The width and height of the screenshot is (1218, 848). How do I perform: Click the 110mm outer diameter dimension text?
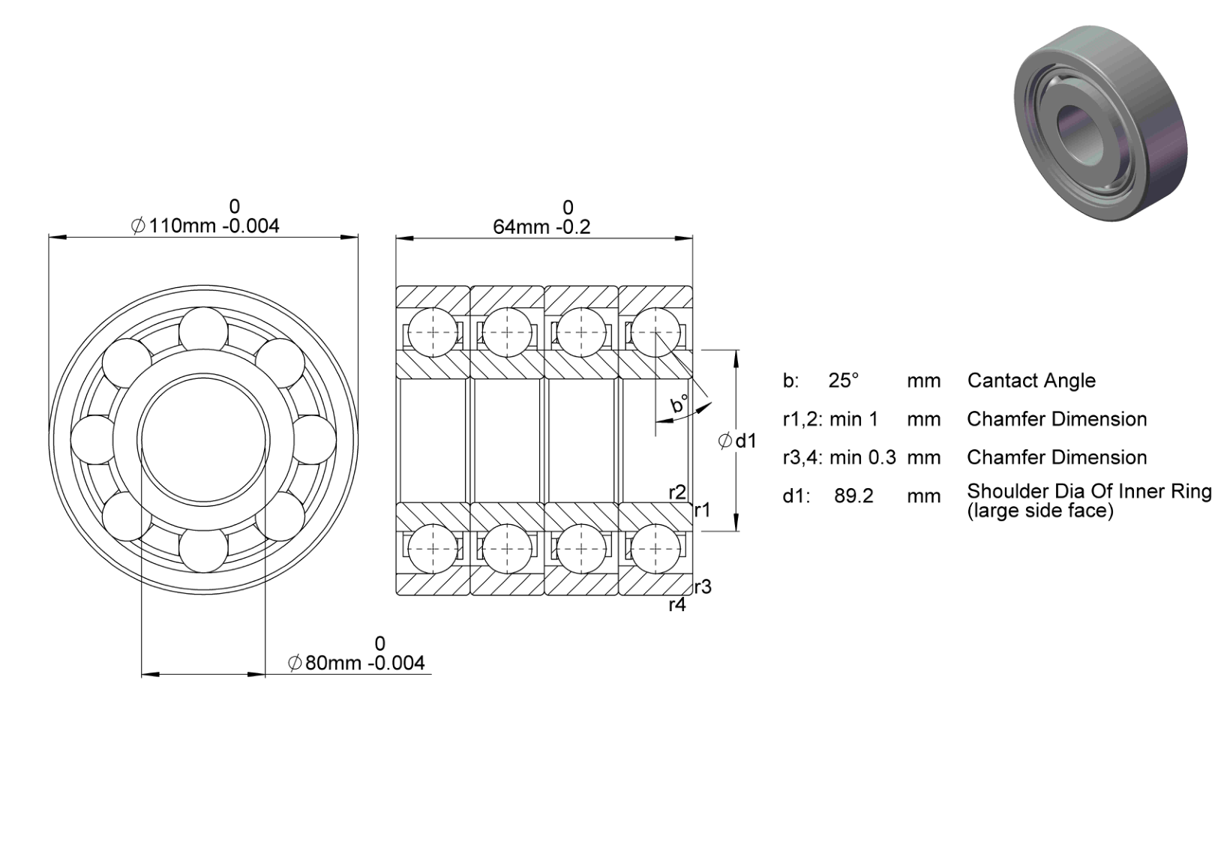(205, 226)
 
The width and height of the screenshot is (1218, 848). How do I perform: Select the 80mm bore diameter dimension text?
(356, 663)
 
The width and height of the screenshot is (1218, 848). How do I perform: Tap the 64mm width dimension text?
(541, 226)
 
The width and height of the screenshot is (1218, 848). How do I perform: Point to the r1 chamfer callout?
(703, 510)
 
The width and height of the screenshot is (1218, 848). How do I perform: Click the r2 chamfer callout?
(677, 493)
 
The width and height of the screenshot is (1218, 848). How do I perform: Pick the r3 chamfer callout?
(703, 586)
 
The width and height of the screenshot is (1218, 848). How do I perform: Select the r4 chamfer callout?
(677, 604)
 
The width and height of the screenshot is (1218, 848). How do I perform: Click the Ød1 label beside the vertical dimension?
(737, 441)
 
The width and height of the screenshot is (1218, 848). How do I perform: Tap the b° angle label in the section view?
(679, 404)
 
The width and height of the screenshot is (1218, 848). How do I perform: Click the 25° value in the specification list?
(843, 381)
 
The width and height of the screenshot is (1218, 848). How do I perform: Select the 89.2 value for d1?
(853, 496)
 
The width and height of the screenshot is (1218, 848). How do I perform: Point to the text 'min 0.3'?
(862, 457)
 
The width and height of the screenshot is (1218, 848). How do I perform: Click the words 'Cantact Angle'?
(1031, 381)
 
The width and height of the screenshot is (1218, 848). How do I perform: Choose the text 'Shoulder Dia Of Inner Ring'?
(1089, 491)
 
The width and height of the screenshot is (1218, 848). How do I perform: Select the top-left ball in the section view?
(433, 332)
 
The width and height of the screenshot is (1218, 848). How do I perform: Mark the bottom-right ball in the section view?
(655, 549)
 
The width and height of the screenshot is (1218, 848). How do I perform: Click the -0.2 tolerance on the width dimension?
(574, 226)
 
